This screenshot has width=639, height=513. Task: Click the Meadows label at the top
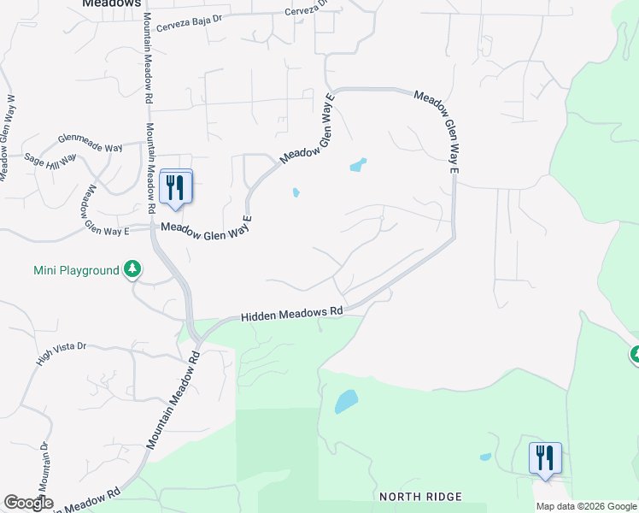point(111,3)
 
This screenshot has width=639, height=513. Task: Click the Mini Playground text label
point(76,270)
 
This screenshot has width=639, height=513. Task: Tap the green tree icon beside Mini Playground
point(132,270)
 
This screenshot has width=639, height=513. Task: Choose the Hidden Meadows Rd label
point(291,315)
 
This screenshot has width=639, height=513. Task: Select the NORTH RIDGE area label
point(420,497)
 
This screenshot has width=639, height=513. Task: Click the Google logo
point(28,502)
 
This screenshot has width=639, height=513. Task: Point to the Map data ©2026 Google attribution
point(586,506)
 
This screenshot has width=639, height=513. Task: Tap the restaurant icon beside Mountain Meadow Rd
point(176,187)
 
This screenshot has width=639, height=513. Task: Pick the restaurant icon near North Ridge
point(544,457)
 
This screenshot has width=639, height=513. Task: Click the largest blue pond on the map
point(346,401)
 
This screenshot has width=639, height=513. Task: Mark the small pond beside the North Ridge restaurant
point(485,457)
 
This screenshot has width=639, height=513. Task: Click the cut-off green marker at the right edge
point(635,354)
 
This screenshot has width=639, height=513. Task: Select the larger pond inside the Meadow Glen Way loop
point(358,164)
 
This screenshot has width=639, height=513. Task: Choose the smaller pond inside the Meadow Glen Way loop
point(296,192)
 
